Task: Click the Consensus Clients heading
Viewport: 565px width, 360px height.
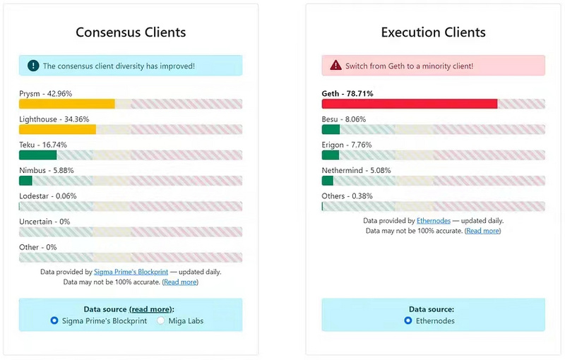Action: click(131, 32)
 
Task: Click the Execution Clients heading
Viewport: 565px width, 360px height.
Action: click(433, 32)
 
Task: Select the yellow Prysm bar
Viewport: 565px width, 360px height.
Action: click(67, 104)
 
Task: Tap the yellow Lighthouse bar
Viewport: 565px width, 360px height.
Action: click(57, 129)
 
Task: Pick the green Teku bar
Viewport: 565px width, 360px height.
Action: click(37, 155)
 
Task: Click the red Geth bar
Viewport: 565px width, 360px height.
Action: click(410, 104)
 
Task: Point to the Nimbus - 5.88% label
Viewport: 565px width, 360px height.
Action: click(46, 170)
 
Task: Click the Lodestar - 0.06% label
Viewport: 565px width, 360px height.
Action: click(48, 196)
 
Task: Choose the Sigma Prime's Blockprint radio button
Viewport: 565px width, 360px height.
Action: click(54, 320)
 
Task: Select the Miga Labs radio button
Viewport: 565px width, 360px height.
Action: click(161, 320)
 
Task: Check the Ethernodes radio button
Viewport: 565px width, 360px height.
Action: click(408, 320)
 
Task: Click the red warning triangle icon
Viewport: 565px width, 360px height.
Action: click(335, 66)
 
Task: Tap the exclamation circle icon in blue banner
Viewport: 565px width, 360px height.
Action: click(33, 66)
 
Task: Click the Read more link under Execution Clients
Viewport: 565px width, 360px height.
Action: click(482, 231)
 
